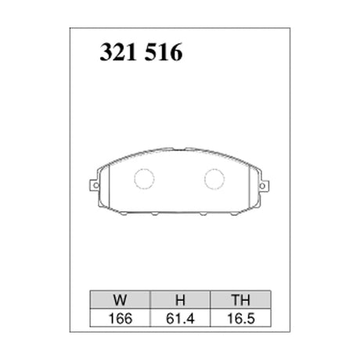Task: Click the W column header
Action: [118, 298]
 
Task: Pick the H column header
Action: [179, 298]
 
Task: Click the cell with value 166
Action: [118, 319]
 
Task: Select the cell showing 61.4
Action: [179, 319]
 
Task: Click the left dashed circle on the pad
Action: [145, 178]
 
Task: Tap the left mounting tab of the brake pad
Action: [94, 187]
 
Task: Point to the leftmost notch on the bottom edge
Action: [124, 213]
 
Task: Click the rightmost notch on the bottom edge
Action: [235, 213]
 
